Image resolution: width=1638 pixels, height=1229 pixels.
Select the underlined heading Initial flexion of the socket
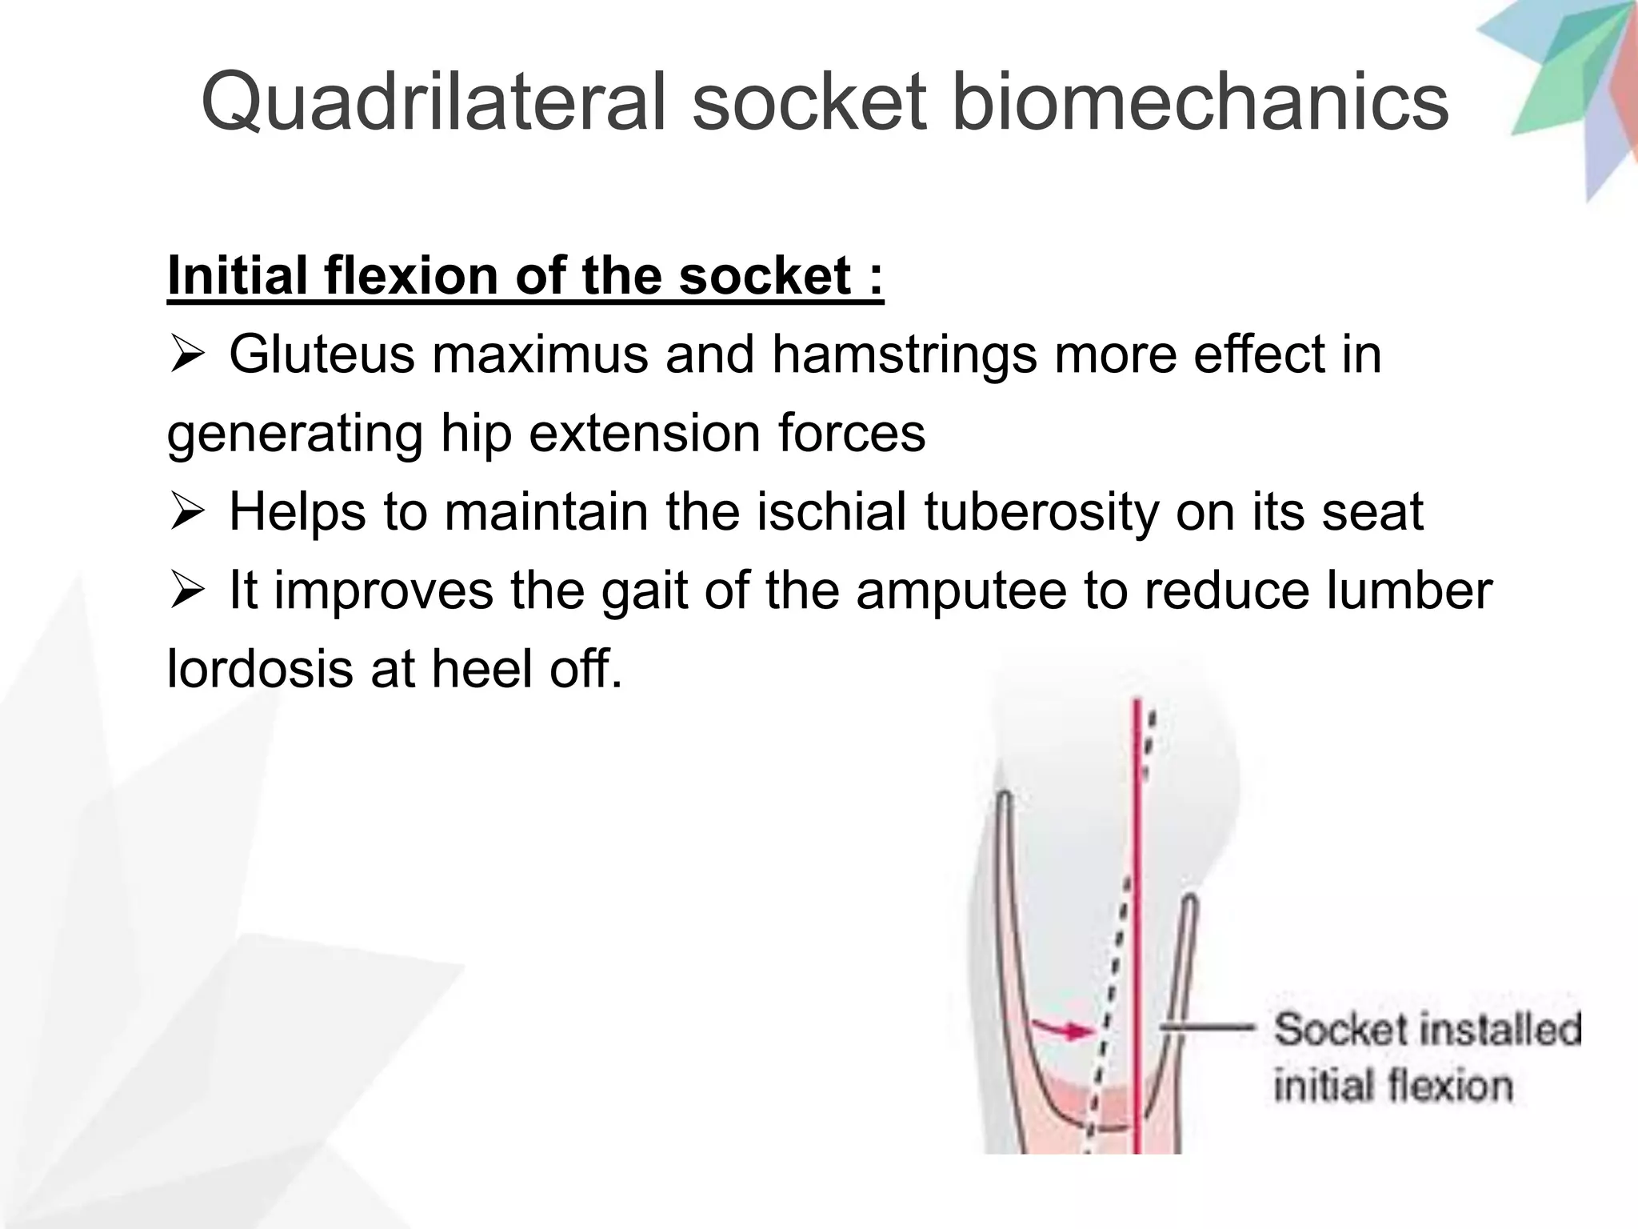coord(525,276)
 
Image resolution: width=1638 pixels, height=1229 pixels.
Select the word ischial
coord(831,511)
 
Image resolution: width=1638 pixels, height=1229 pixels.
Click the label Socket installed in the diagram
coord(1427,1029)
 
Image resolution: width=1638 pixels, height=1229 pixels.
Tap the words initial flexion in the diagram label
coord(1392,1087)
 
